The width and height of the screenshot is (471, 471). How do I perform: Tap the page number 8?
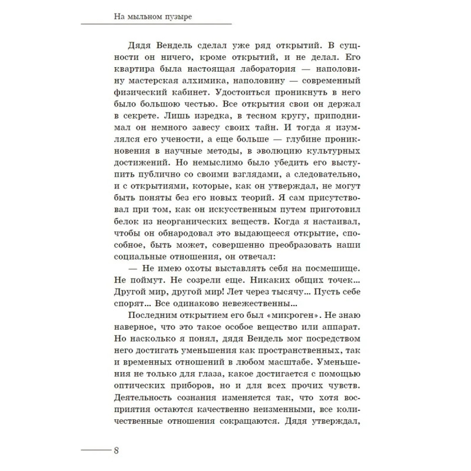(117, 451)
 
